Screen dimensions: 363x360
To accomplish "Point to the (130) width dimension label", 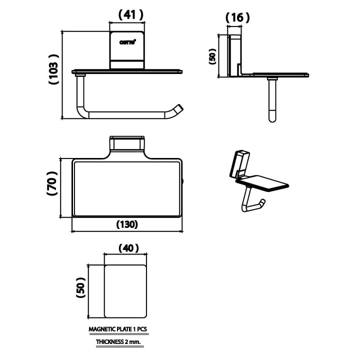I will coord(127,224).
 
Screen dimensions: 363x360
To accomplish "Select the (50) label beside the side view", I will coord(212,55).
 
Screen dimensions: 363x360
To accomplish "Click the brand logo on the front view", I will coord(127,42).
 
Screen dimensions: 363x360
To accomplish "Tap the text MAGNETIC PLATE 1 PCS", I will coord(118,330).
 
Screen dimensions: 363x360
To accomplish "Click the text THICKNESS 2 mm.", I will coord(118,342).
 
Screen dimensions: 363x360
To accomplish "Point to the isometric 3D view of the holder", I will coord(255,180).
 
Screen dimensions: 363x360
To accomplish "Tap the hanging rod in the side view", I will coord(272,100).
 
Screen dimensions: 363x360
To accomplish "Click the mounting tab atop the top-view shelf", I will coord(127,144).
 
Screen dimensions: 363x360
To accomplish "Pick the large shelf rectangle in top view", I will coord(127,188).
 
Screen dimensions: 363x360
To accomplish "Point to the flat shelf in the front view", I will coord(127,71).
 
